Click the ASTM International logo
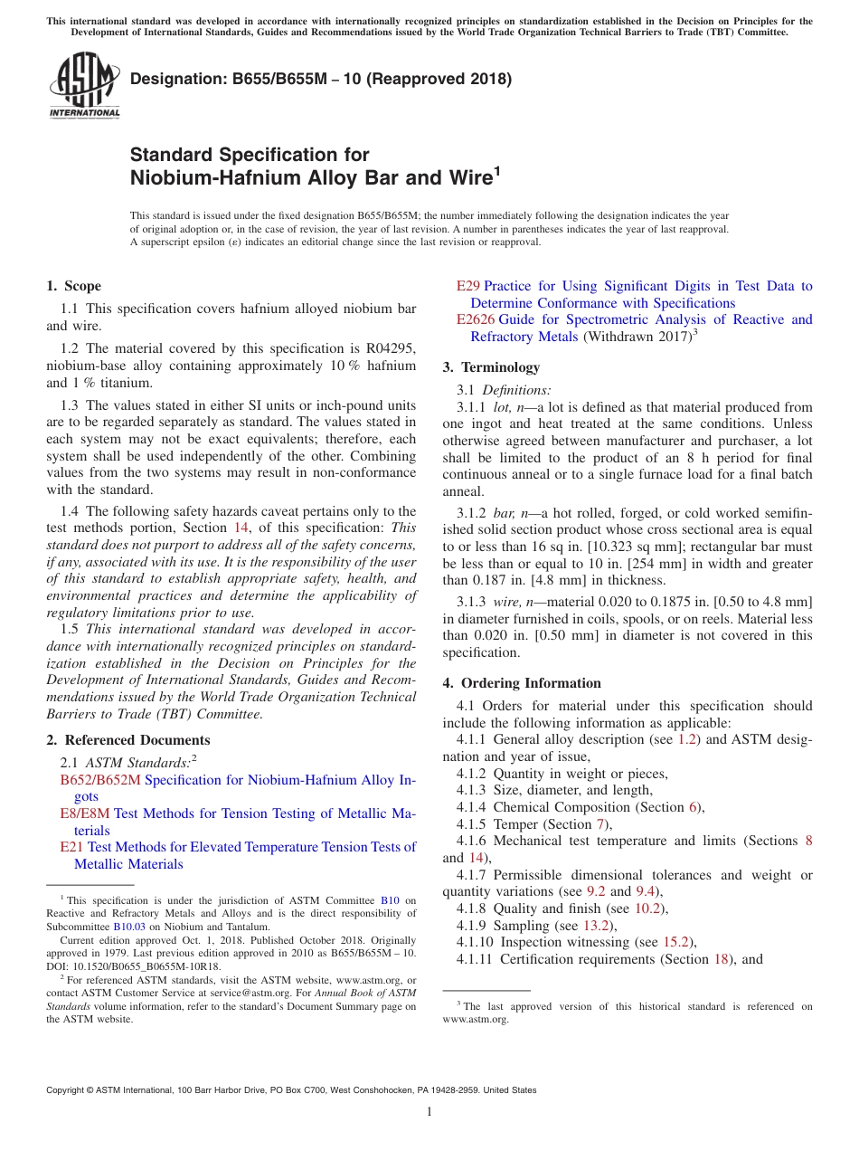(x=84, y=87)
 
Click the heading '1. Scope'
(x=74, y=286)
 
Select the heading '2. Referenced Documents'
(x=127, y=740)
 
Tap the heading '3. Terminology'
(x=491, y=367)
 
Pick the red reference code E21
(x=71, y=847)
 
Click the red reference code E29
(x=468, y=286)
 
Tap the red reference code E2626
(x=476, y=319)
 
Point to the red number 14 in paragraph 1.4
(x=241, y=528)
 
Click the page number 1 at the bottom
(x=429, y=1111)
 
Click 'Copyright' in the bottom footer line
(x=71, y=1090)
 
